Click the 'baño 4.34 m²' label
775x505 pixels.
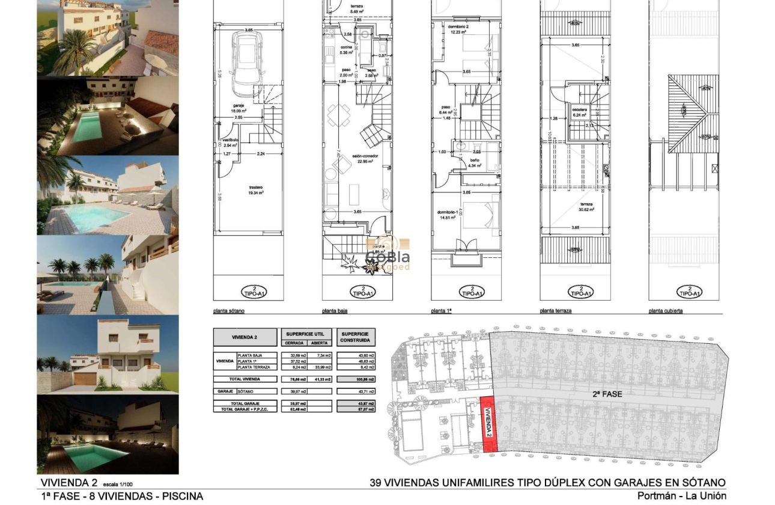pyautogui.click(x=475, y=163)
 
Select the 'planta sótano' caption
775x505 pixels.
pyautogui.click(x=229, y=311)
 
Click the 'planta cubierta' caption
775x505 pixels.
pyautogui.click(x=666, y=311)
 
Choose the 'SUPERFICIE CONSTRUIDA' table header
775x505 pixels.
pyautogui.click(x=356, y=337)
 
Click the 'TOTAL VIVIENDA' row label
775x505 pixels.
pyautogui.click(x=245, y=379)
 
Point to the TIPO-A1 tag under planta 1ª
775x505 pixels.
pyautogui.click(x=472, y=292)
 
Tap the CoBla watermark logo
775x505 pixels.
pyautogui.click(x=387, y=253)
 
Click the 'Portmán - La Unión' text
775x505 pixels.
pyautogui.click(x=681, y=496)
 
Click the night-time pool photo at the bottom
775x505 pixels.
pyautogui.click(x=108, y=434)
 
